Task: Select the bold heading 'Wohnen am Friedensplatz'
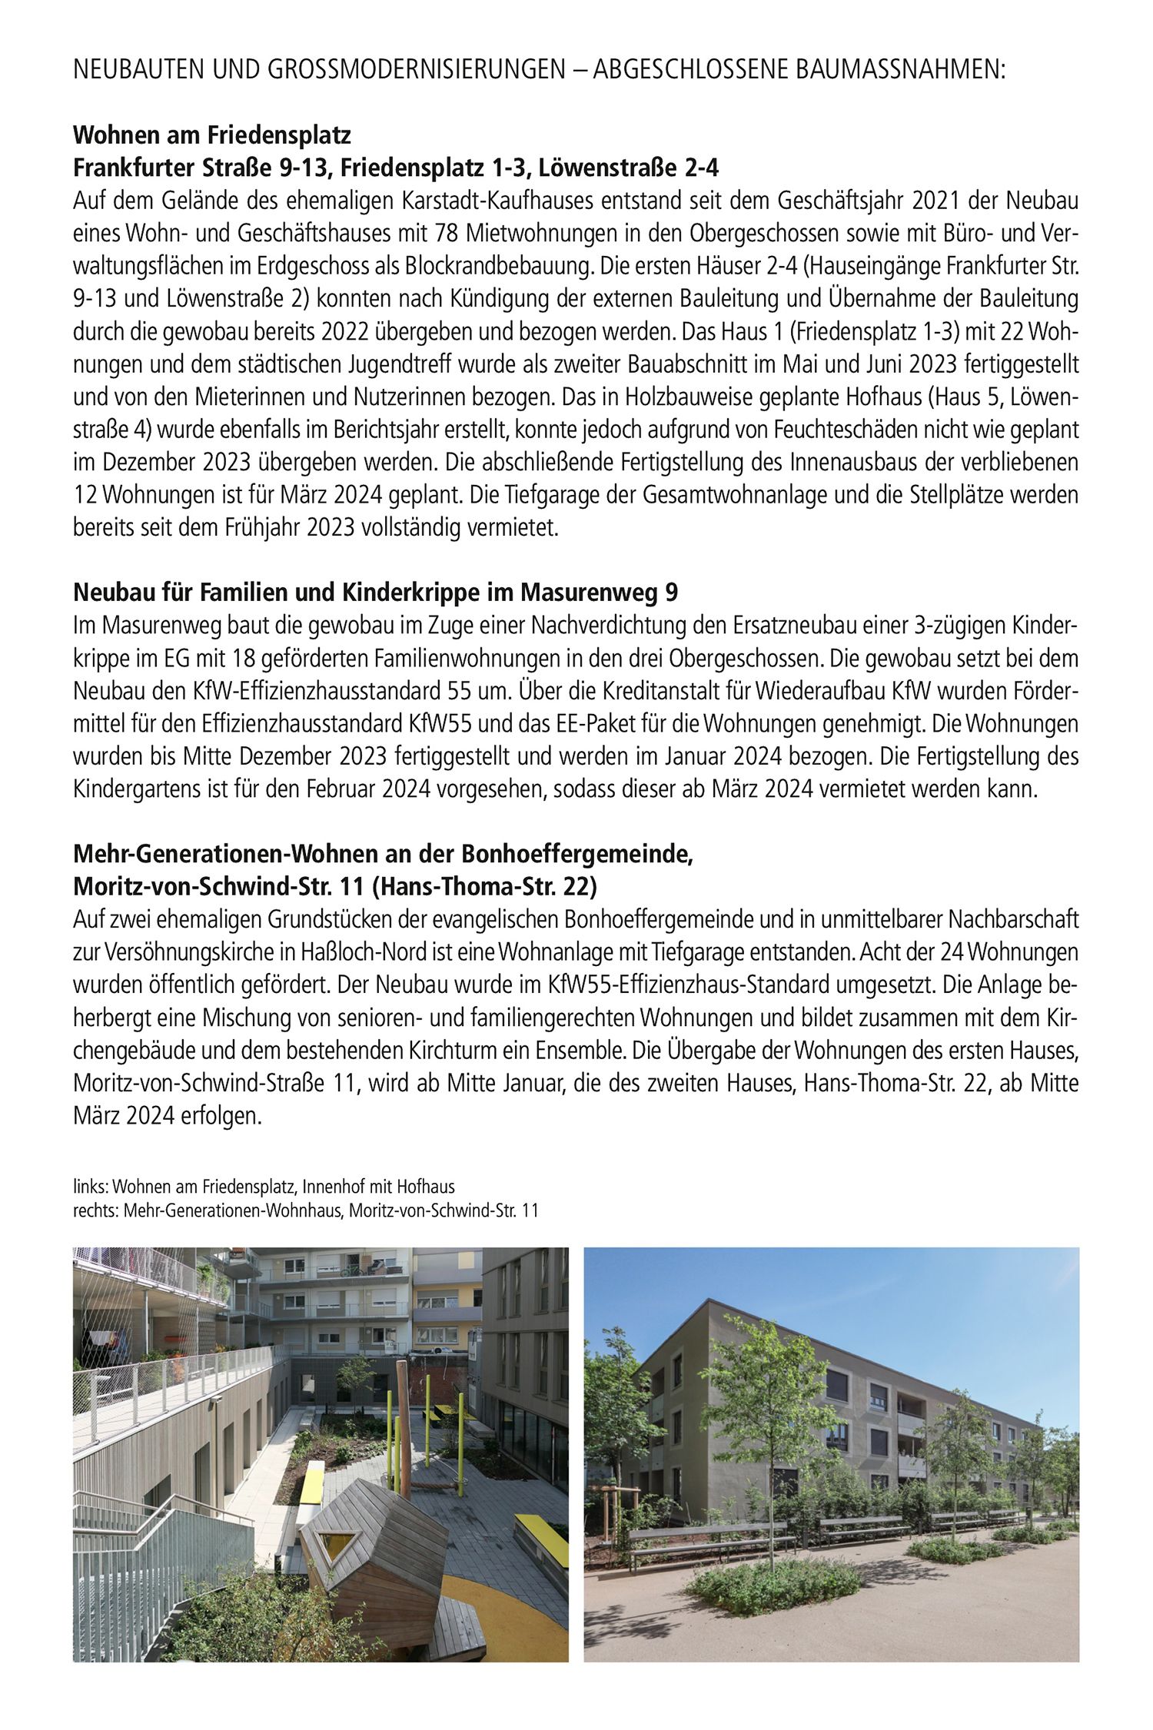(212, 137)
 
